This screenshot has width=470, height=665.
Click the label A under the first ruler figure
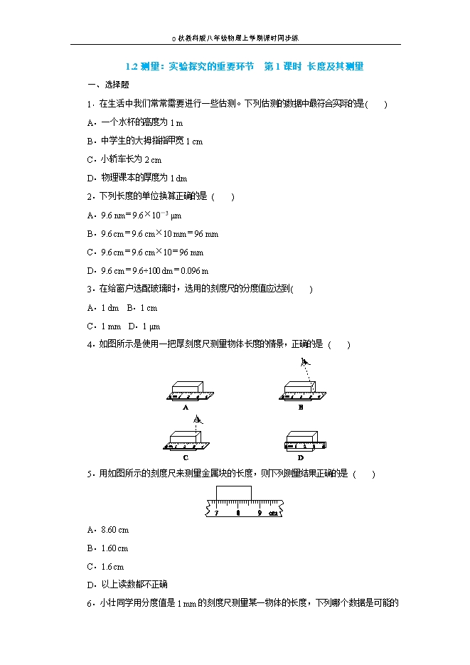coord(185,408)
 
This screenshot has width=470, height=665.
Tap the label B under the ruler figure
coord(301,408)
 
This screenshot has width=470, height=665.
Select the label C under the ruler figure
coord(185,457)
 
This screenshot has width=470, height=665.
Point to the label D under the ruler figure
coord(301,457)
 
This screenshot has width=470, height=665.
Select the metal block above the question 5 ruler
coord(233,493)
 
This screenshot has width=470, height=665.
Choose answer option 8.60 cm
coord(114,530)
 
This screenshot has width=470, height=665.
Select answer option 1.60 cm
coord(114,548)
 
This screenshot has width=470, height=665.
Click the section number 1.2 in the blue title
coord(131,67)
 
